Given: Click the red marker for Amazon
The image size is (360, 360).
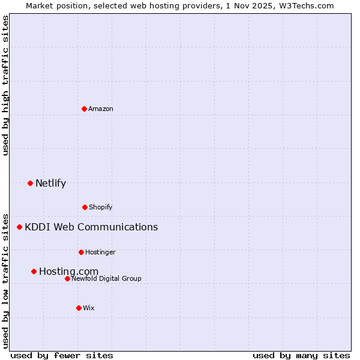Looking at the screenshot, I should pos(85,109).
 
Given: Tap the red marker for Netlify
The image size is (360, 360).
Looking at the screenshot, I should pos(30,183).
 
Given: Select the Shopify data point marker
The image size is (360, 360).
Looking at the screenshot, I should pos(85,207).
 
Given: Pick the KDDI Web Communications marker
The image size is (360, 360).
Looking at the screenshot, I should pos(19,227).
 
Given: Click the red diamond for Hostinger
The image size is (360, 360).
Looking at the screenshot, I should pos(81,252).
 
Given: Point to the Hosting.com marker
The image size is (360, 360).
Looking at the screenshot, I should pos(34,271).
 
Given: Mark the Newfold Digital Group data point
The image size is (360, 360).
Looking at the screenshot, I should pos(67,278).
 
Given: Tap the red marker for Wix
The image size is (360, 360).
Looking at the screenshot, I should pos(79,308).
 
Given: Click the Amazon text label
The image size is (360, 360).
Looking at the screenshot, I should pos(101,109).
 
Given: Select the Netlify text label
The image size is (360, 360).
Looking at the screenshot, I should pos(50,184).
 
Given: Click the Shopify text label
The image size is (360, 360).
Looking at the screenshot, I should pos(100,208).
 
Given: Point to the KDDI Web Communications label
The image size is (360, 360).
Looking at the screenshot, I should pos(91,227).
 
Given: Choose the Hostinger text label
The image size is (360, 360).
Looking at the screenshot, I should pos(100,253).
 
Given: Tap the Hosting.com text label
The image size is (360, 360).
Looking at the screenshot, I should pos(68,272).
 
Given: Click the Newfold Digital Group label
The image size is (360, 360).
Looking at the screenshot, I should pos(106,279).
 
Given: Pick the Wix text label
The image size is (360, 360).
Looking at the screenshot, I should pos(89,308).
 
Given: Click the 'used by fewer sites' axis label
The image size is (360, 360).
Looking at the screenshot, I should pos(62,355).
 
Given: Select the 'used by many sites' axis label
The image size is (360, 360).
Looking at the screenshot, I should pos(301,355).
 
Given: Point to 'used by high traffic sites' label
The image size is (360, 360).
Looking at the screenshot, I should pos(5,85).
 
